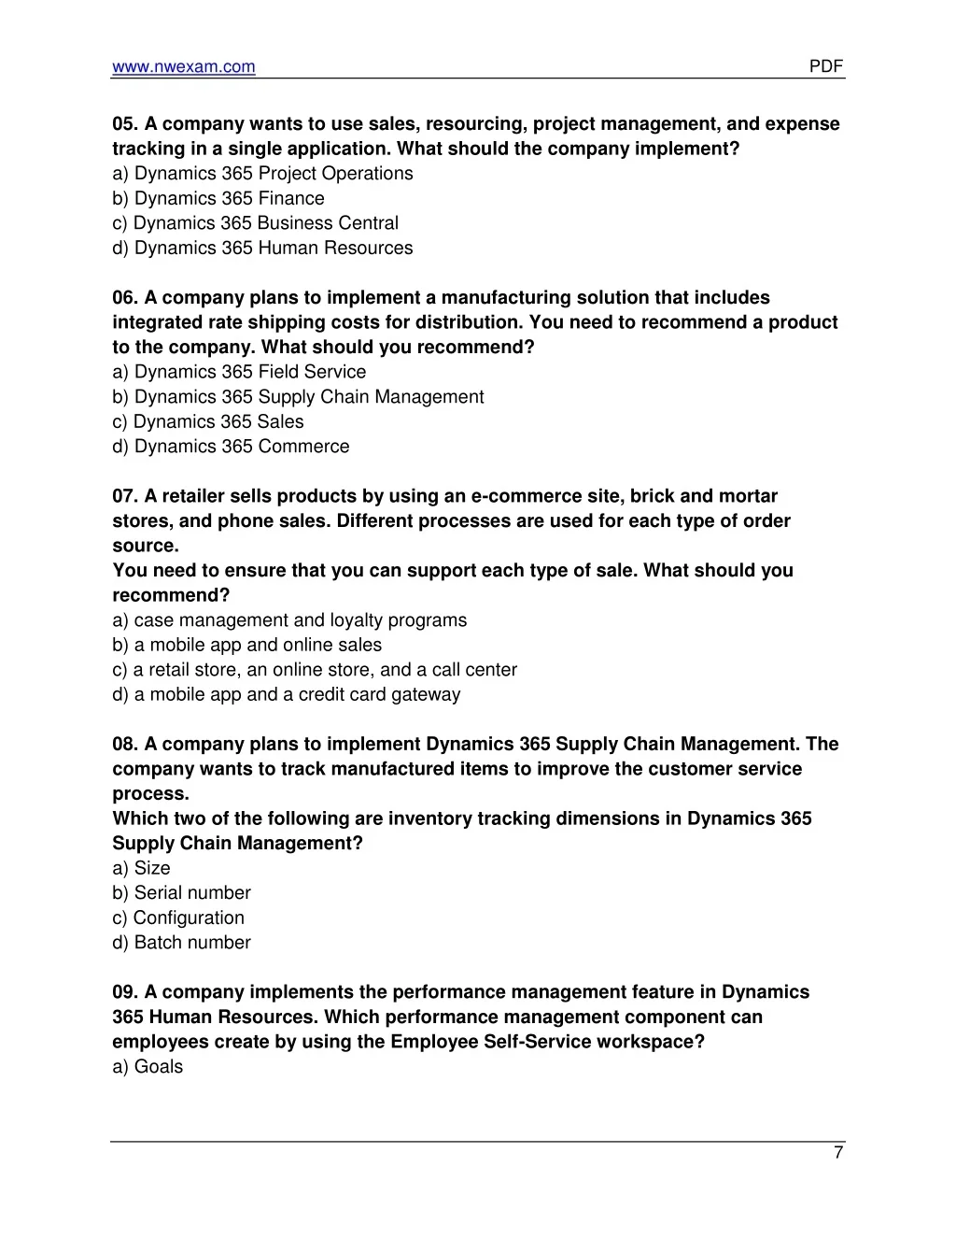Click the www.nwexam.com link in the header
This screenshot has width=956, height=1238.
point(183,66)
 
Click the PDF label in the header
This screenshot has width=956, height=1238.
point(825,66)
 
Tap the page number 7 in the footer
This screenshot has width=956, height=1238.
point(838,1153)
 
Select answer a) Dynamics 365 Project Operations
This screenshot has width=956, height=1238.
point(262,174)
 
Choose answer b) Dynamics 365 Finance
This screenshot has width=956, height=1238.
point(218,198)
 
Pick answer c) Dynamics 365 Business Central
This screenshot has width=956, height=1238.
point(255,223)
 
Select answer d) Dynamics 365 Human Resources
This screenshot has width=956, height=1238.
point(262,248)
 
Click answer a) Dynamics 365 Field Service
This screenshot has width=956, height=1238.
point(239,372)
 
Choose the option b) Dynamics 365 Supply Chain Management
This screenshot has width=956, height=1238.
point(298,397)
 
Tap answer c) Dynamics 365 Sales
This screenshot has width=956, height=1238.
point(208,421)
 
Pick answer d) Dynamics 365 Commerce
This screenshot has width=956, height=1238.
point(231,447)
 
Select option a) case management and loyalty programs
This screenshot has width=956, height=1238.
point(289,620)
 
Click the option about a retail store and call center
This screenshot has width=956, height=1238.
point(315,670)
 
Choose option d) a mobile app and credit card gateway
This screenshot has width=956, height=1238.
point(286,694)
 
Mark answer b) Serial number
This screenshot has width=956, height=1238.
point(181,893)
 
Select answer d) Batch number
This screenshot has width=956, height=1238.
point(181,943)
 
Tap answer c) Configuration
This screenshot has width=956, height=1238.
point(178,918)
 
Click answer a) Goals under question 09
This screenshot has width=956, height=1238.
point(148,1067)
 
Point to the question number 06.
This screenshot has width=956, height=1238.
point(125,298)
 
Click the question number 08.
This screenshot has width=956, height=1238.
point(125,745)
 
